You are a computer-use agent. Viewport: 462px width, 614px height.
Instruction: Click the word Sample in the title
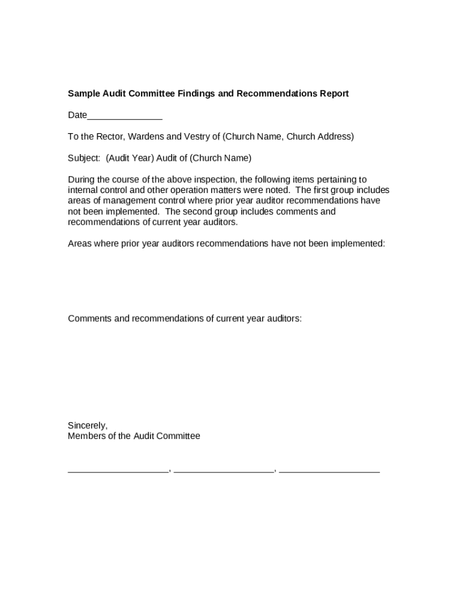click(83, 94)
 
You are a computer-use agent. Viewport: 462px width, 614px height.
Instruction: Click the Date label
click(77, 115)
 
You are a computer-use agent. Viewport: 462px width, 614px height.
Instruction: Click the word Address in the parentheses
click(337, 137)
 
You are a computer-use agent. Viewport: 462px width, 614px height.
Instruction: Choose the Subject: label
click(84, 158)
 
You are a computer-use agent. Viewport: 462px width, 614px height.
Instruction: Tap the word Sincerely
click(88, 426)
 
